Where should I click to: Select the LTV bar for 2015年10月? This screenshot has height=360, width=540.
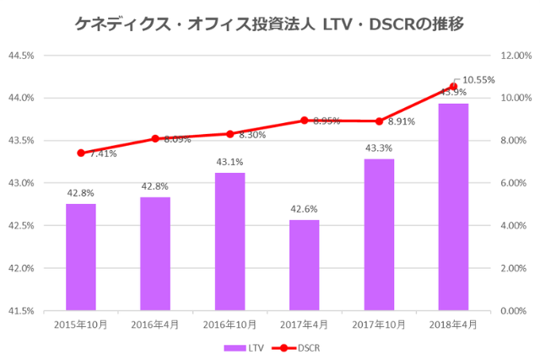tap(81, 257)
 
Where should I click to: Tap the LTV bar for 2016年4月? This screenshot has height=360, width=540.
tap(155, 254)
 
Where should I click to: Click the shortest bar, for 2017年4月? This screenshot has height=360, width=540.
tap(305, 265)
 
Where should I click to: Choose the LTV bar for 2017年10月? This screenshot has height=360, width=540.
tap(379, 234)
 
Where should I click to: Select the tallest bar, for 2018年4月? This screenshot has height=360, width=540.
tap(453, 207)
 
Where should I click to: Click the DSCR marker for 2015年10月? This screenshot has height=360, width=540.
tap(81, 153)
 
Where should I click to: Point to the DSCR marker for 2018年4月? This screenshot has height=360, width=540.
tap(453, 86)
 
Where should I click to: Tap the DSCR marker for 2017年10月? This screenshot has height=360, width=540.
tap(379, 121)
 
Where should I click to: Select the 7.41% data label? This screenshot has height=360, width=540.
tap(102, 154)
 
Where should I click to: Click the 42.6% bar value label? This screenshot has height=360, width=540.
tap(305, 209)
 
